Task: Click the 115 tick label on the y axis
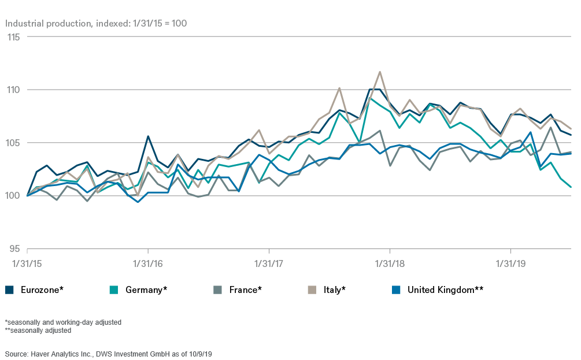13,37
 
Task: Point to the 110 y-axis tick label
13,90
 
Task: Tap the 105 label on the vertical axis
13,143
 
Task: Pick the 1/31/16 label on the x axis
149,264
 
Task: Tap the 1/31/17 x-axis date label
269,264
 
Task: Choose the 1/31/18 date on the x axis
390,264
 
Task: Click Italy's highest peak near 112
380,72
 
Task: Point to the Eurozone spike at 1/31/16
149,136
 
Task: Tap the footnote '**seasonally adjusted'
38,331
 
